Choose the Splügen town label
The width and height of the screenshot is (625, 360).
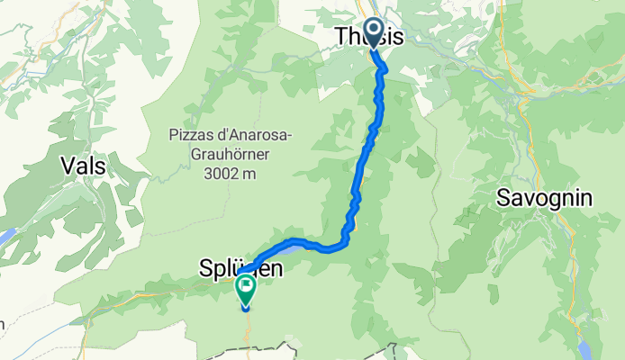tap(240, 267)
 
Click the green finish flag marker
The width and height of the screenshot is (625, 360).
tap(245, 288)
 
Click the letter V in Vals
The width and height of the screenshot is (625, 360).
tap(66, 165)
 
